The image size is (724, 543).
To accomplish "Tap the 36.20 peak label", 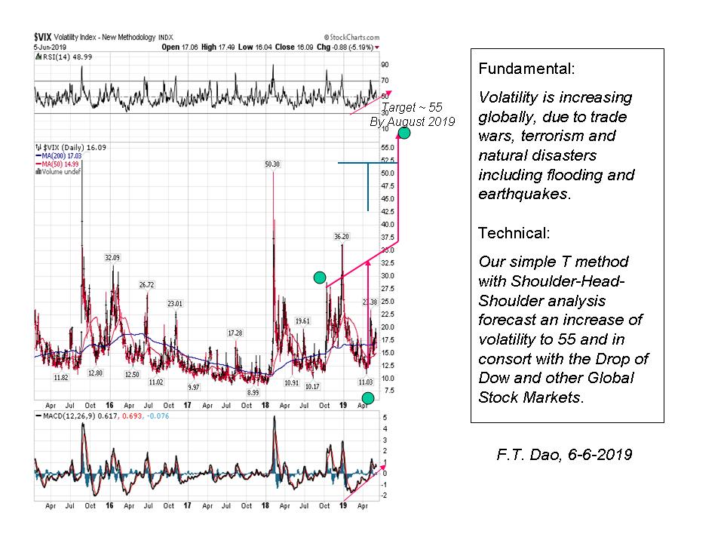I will click(342, 237).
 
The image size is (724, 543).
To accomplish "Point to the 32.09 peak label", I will click(112, 258).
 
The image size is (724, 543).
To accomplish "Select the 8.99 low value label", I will click(253, 393).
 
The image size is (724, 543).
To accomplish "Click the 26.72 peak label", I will click(146, 284).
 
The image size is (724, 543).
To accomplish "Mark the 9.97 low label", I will click(194, 387).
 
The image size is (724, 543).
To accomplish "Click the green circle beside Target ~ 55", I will click(404, 133).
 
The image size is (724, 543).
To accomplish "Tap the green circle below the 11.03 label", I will click(367, 397).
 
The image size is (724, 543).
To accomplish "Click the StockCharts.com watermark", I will click(348, 36).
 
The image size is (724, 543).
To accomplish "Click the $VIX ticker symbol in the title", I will click(43, 36).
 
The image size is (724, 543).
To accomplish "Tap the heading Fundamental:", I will click(526, 69).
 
